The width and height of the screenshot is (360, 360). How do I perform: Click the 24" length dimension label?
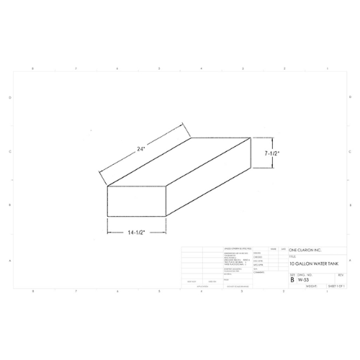tap(142, 150)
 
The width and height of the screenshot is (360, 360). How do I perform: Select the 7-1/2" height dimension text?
tap(271, 153)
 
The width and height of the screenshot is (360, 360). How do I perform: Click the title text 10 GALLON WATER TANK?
tap(312, 264)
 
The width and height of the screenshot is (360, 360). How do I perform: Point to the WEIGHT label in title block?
tap(311, 285)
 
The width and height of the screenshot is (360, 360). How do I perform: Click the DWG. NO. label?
tap(303, 274)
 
